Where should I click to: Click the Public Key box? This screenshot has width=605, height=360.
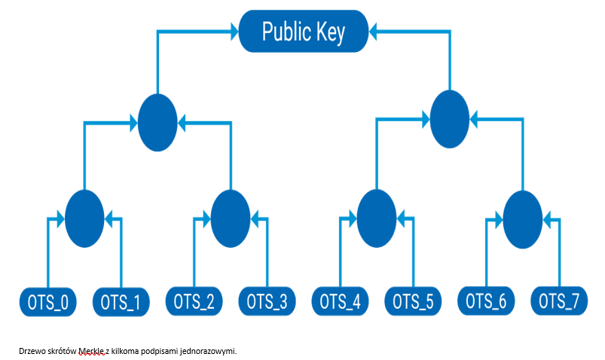pyautogui.click(x=304, y=32)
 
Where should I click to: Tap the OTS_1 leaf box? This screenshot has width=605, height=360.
pyautogui.click(x=121, y=302)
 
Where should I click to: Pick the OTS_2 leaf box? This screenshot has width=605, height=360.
pyautogui.click(x=194, y=302)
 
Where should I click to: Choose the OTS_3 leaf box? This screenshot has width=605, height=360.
pyautogui.click(x=267, y=302)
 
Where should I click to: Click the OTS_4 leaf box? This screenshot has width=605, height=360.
pyautogui.click(x=340, y=302)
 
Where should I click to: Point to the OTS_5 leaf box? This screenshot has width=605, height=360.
pyautogui.click(x=413, y=302)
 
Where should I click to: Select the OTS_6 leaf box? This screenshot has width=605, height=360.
pyautogui.click(x=486, y=302)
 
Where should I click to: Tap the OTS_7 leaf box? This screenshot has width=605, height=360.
pyautogui.click(x=559, y=302)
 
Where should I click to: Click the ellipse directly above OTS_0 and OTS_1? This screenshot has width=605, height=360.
pyautogui.click(x=84, y=218)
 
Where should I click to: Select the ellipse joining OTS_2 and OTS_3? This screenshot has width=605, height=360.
pyautogui.click(x=231, y=218)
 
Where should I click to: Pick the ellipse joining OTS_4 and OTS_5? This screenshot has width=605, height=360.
pyautogui.click(x=377, y=218)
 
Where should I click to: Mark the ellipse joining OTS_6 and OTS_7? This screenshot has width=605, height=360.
pyautogui.click(x=523, y=218)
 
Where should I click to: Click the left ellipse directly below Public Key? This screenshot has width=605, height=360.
pyautogui.click(x=158, y=122)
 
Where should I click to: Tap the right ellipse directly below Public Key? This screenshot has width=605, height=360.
pyautogui.click(x=450, y=118)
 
